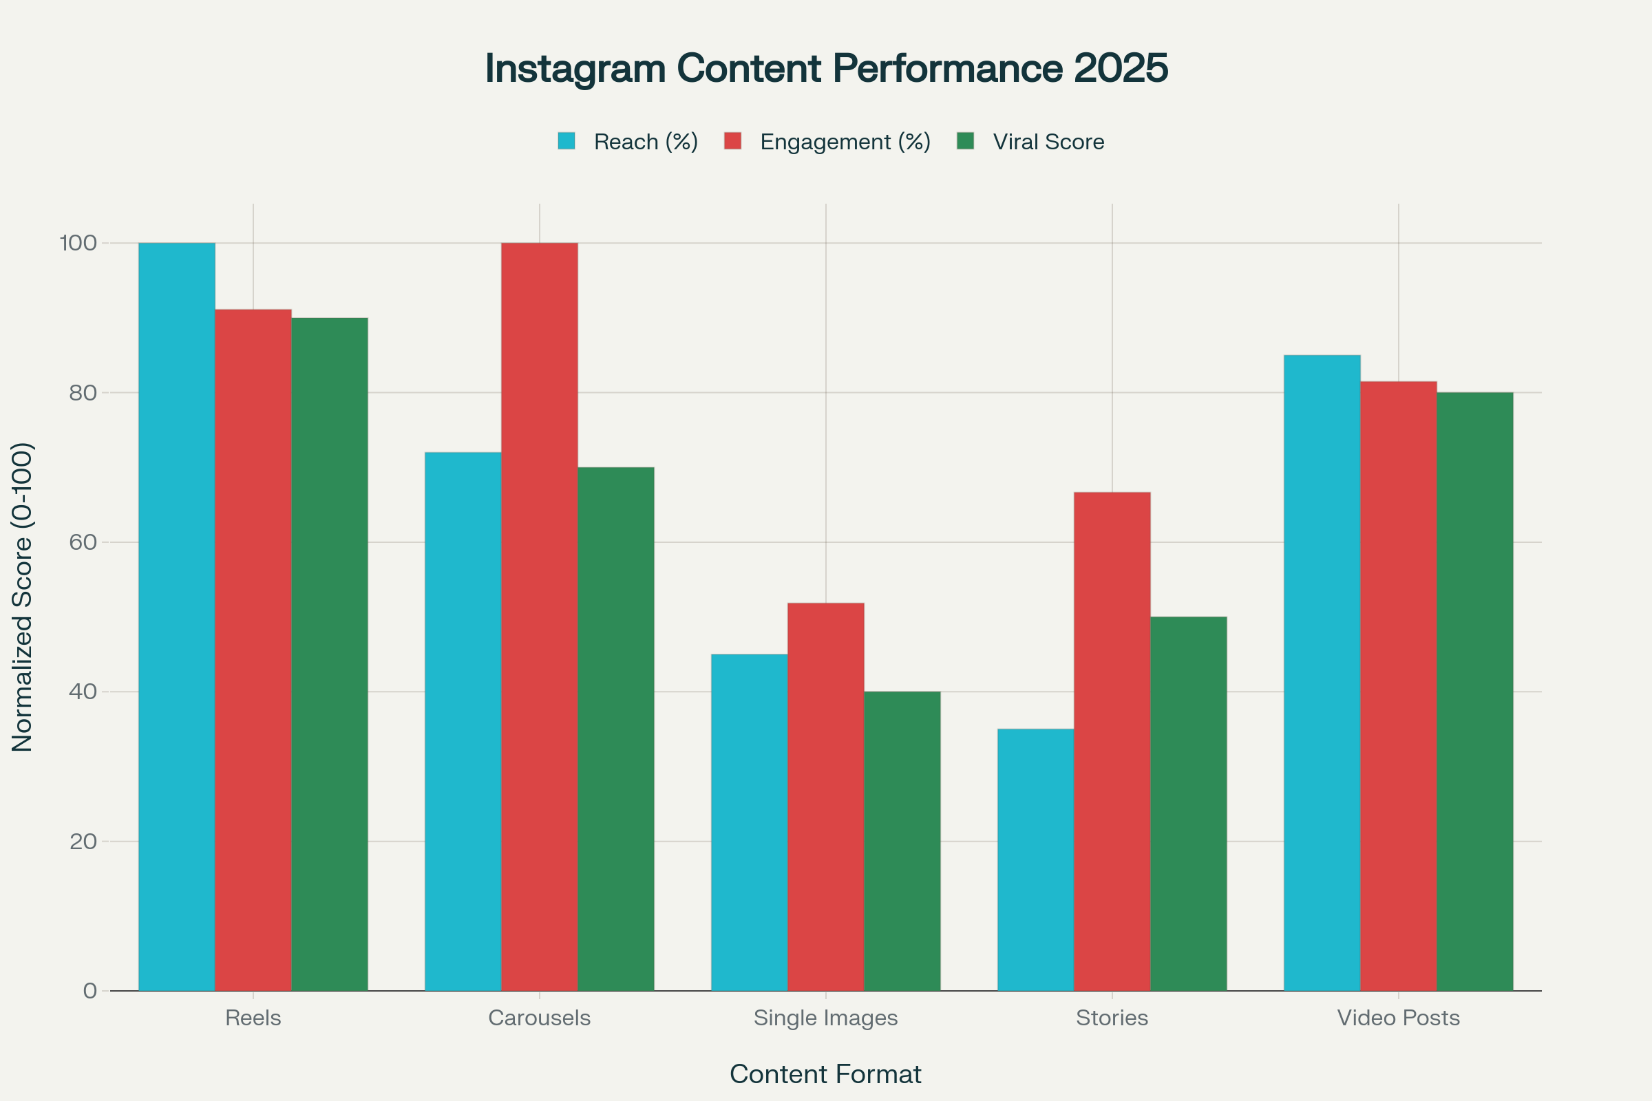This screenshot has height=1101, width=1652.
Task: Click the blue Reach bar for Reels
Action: coord(177,617)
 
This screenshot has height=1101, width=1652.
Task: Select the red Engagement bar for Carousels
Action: coord(540,617)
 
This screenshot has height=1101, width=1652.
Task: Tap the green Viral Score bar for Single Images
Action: coord(902,841)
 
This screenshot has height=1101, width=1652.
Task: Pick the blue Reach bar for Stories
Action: coord(1035,859)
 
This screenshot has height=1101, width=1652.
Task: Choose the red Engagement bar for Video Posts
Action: coord(1399,686)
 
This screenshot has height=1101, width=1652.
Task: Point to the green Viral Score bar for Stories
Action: coord(1189,803)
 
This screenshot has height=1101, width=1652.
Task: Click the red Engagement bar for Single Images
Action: coord(825,796)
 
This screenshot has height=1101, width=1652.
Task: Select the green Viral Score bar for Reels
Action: coord(330,654)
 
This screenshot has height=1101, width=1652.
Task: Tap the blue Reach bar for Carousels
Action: coord(463,721)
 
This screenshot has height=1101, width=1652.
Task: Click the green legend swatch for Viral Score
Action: coord(966,141)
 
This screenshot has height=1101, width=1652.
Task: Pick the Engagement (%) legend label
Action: coord(845,142)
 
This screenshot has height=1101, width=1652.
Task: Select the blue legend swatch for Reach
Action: coord(566,141)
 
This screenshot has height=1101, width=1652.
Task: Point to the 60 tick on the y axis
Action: coord(83,542)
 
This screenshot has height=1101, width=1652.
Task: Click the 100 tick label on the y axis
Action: coord(78,243)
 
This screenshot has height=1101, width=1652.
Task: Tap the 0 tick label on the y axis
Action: coord(90,991)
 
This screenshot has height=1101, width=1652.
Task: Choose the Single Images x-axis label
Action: coord(825,1018)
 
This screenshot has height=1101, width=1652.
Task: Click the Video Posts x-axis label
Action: coord(1399,1018)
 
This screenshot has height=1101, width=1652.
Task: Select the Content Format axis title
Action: coord(825,1074)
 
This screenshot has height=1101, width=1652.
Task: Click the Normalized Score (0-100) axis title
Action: coord(23,597)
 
